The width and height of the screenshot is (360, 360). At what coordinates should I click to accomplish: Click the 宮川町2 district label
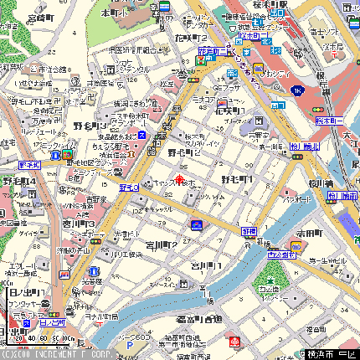pos(160,243)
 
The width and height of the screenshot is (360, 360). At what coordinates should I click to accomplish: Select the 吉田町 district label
pos(307,234)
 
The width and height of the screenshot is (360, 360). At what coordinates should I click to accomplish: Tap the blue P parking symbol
pos(129,343)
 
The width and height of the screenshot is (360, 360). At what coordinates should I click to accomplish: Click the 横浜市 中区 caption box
pos(327,353)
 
